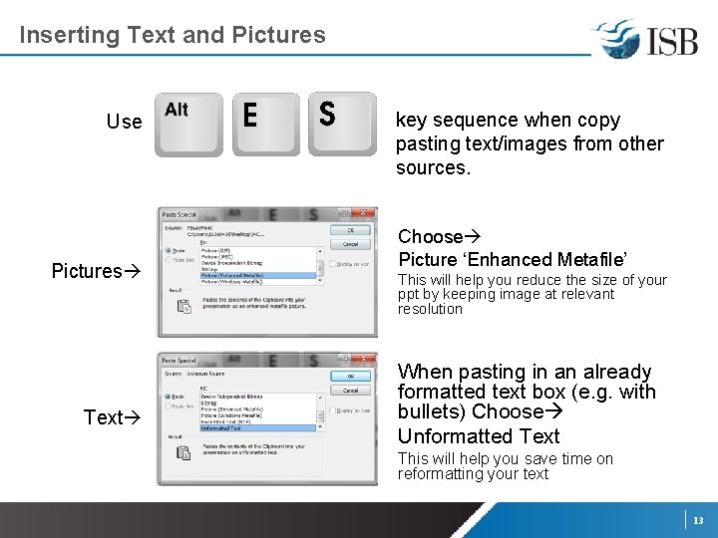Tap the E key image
[266, 124]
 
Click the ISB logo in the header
[645, 39]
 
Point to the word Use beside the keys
[125, 122]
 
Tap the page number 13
[698, 520]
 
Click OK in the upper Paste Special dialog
[350, 230]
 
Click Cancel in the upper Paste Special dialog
[350, 243]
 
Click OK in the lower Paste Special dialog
[350, 377]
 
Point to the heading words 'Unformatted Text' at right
[479, 436]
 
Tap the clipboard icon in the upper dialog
[183, 308]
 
